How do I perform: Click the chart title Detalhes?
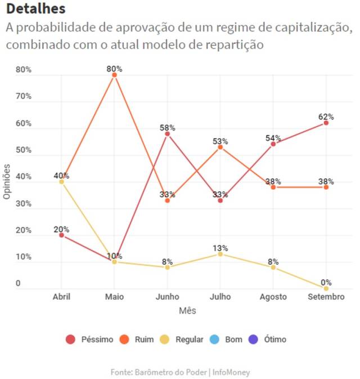tap(35, 9)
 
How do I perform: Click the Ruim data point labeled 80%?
tap(114, 75)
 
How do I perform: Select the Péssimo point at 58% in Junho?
tap(167, 133)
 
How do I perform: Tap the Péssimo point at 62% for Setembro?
tap(326, 123)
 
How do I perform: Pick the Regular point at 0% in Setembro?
tap(326, 288)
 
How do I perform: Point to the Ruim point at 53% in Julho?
tap(220, 147)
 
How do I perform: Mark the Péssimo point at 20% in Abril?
tap(61, 235)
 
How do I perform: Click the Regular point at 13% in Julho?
tap(220, 254)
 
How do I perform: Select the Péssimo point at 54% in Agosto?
tap(273, 144)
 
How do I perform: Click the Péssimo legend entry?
tap(90, 340)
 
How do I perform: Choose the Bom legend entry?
tap(227, 340)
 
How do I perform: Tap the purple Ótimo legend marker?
tap(253, 340)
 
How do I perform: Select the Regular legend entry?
tap(182, 340)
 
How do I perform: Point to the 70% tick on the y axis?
tap(24, 96)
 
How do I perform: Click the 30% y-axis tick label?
tap(24, 203)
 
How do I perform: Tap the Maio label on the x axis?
tap(114, 297)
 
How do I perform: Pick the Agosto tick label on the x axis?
tap(273, 297)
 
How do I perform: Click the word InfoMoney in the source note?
tap(233, 372)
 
